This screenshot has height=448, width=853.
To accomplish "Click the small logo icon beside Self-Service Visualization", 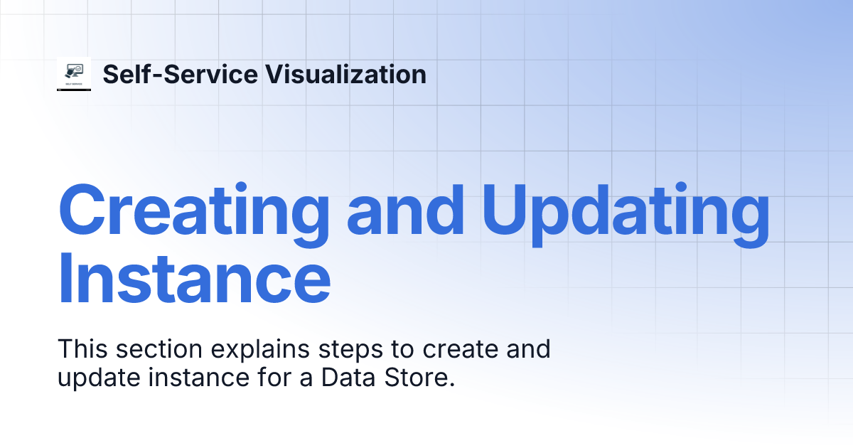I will [x=74, y=75].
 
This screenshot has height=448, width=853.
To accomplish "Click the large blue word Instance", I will [x=193, y=276].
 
